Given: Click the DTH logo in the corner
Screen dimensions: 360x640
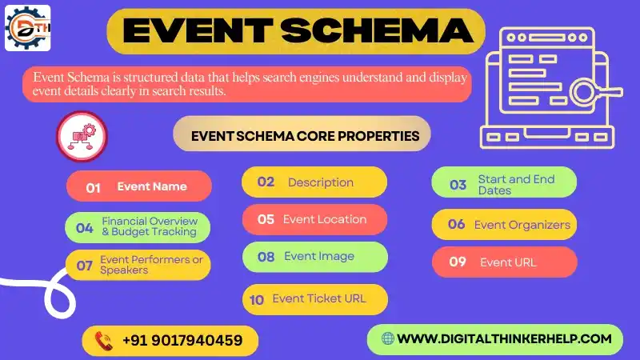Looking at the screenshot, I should point(28,28).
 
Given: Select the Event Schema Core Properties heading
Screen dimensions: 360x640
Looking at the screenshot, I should point(305,136).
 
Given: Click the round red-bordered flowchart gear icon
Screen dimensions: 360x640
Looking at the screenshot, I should point(82,136).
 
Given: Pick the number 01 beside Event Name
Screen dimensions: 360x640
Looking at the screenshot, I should point(94,187).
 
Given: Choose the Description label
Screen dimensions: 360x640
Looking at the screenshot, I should point(320,182).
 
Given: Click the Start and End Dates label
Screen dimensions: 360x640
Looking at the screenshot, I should point(516,185).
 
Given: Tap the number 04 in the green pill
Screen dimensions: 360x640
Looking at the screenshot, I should point(84,228).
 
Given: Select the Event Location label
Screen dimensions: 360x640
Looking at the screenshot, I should point(325,219).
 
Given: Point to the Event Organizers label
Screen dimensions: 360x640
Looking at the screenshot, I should point(522,225).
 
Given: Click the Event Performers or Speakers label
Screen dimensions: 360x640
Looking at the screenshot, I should point(151,265).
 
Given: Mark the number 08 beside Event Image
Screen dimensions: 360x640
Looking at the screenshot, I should point(266,257).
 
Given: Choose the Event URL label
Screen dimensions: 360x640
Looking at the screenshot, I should point(508,262).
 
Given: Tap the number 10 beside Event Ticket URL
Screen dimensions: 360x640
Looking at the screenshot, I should point(257,300).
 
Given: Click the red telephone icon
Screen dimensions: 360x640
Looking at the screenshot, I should point(103,341).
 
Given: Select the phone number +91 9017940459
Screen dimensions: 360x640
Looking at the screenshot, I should point(182,341).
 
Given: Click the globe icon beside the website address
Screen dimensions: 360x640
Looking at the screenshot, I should point(388,338).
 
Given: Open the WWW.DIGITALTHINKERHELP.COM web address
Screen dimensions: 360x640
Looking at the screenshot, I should point(504,338).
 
